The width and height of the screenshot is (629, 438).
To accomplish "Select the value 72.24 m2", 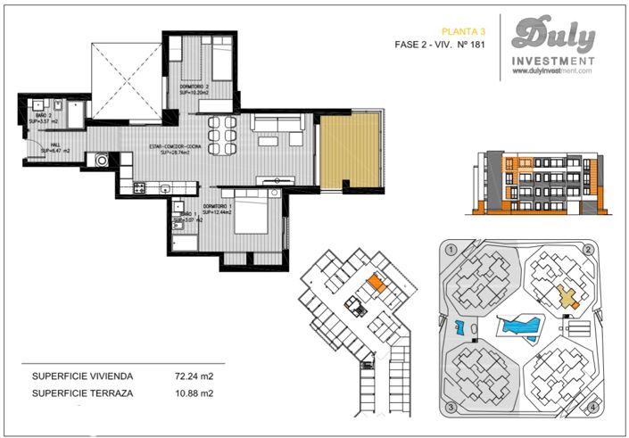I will pyautogui.click(x=194, y=376).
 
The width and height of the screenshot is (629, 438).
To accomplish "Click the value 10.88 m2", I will pyautogui.click(x=194, y=393).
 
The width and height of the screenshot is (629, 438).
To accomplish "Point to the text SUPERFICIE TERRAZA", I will pyautogui.click(x=81, y=393).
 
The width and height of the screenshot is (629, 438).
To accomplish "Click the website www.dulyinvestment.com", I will pyautogui.click(x=553, y=71).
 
